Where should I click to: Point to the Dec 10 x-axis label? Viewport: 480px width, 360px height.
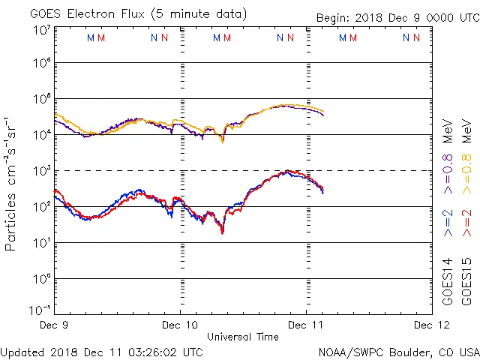[x=180, y=325]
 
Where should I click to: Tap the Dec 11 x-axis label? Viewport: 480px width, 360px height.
[x=306, y=325]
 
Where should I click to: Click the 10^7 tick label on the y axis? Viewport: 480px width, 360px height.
[x=41, y=30]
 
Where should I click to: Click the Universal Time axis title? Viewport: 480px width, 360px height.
[x=243, y=337]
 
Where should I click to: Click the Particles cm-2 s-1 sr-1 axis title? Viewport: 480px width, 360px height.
[x=12, y=184]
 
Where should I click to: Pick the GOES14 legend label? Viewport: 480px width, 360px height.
[x=448, y=280]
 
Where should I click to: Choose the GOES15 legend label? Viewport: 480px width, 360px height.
[x=467, y=280]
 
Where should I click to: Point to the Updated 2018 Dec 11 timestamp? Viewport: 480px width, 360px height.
[x=102, y=352]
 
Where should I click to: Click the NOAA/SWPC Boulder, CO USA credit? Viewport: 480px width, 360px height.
[x=398, y=352]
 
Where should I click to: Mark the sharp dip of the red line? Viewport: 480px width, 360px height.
[x=222, y=232]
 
